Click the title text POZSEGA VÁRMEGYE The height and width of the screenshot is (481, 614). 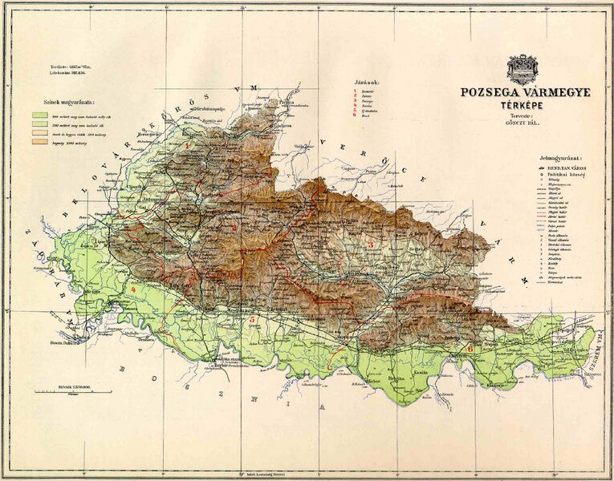coord(524,92)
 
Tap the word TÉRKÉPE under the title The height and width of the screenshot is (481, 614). coord(524,104)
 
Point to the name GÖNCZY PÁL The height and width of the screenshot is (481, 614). coord(527,124)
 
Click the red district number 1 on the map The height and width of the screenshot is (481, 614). coord(188,146)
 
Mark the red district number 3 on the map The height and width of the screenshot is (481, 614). coord(372,243)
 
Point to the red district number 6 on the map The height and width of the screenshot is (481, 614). coord(470,349)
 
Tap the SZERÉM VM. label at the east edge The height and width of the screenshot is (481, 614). coord(598,353)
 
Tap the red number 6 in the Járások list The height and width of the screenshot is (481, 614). coord(354,116)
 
